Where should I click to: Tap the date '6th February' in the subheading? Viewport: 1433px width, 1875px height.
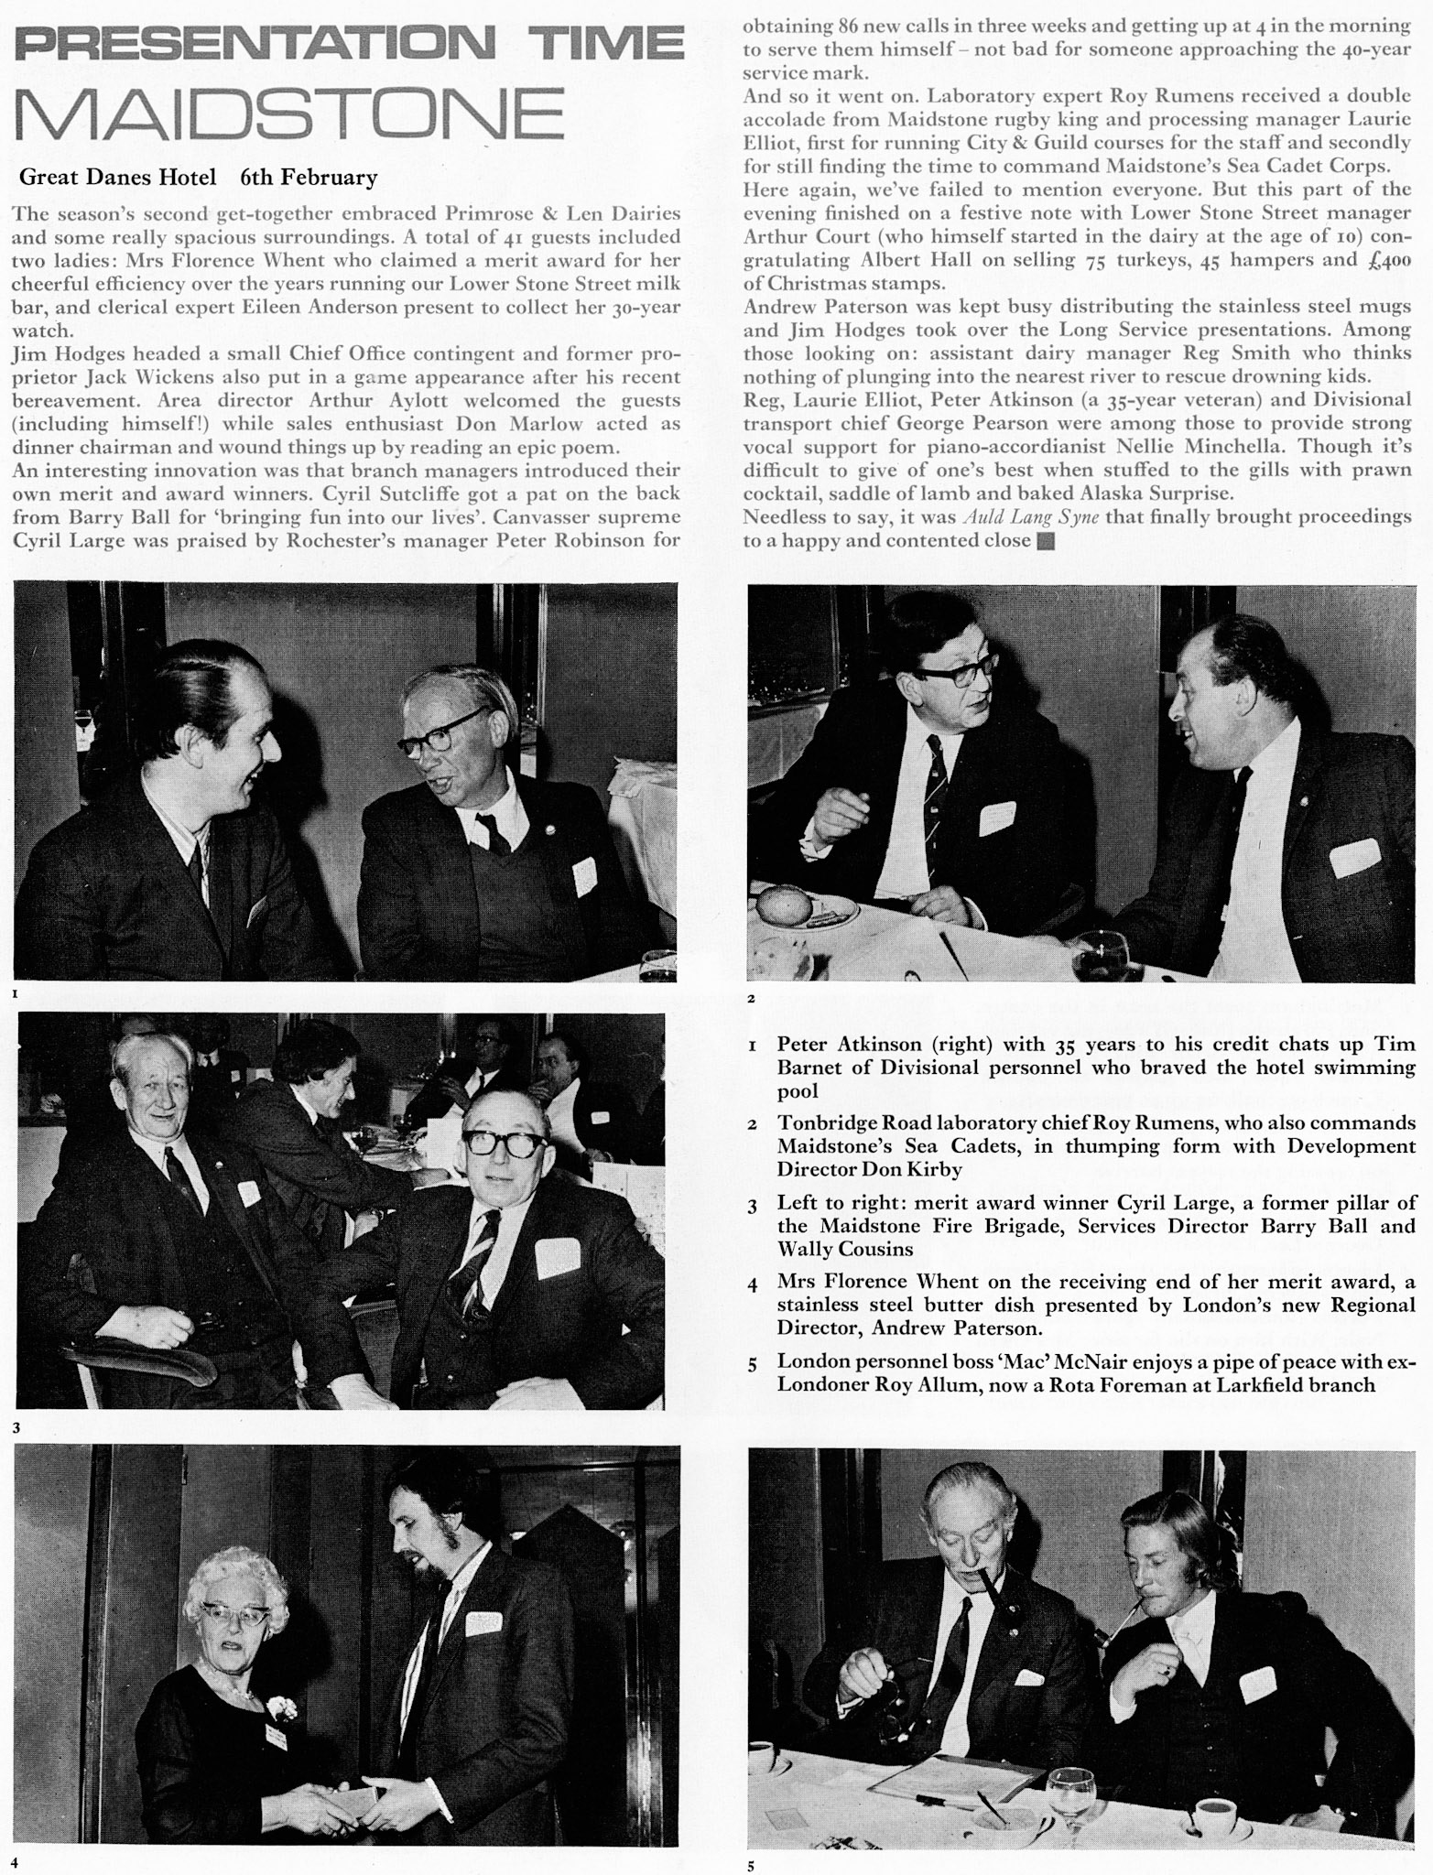(x=309, y=177)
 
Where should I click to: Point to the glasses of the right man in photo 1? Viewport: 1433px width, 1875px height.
(x=443, y=734)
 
